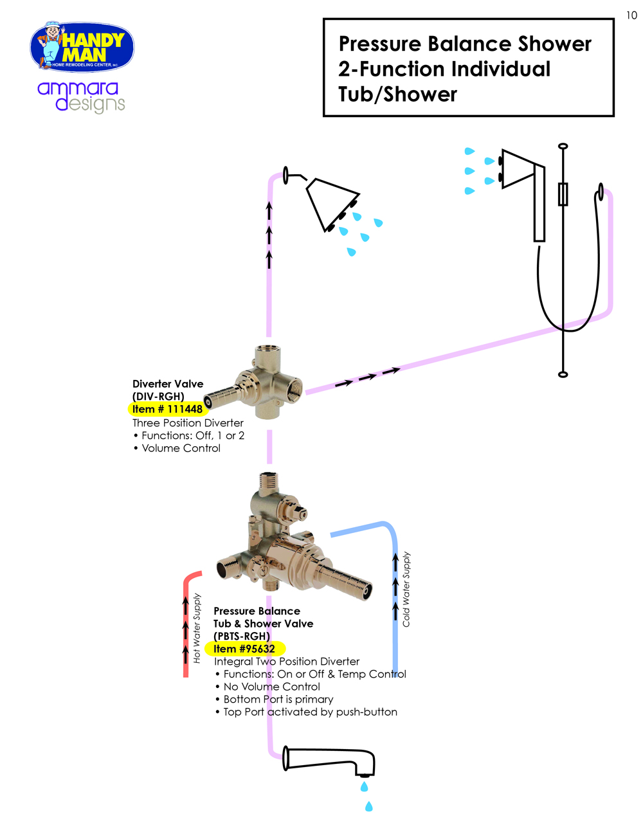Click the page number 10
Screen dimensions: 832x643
[631, 15]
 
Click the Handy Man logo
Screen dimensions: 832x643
[82, 48]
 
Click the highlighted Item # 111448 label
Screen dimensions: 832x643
[167, 409]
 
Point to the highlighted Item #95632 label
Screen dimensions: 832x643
[244, 649]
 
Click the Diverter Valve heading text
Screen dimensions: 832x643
[168, 384]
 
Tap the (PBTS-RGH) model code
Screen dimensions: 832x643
[242, 636]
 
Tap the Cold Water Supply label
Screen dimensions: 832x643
[406, 589]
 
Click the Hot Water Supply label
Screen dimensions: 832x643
[197, 628]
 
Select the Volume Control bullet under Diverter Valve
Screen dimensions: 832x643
[181, 448]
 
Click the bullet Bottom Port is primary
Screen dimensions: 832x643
[278, 699]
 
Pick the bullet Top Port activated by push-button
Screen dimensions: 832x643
[310, 712]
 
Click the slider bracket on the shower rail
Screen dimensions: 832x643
[563, 194]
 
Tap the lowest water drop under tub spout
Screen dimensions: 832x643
[369, 806]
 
